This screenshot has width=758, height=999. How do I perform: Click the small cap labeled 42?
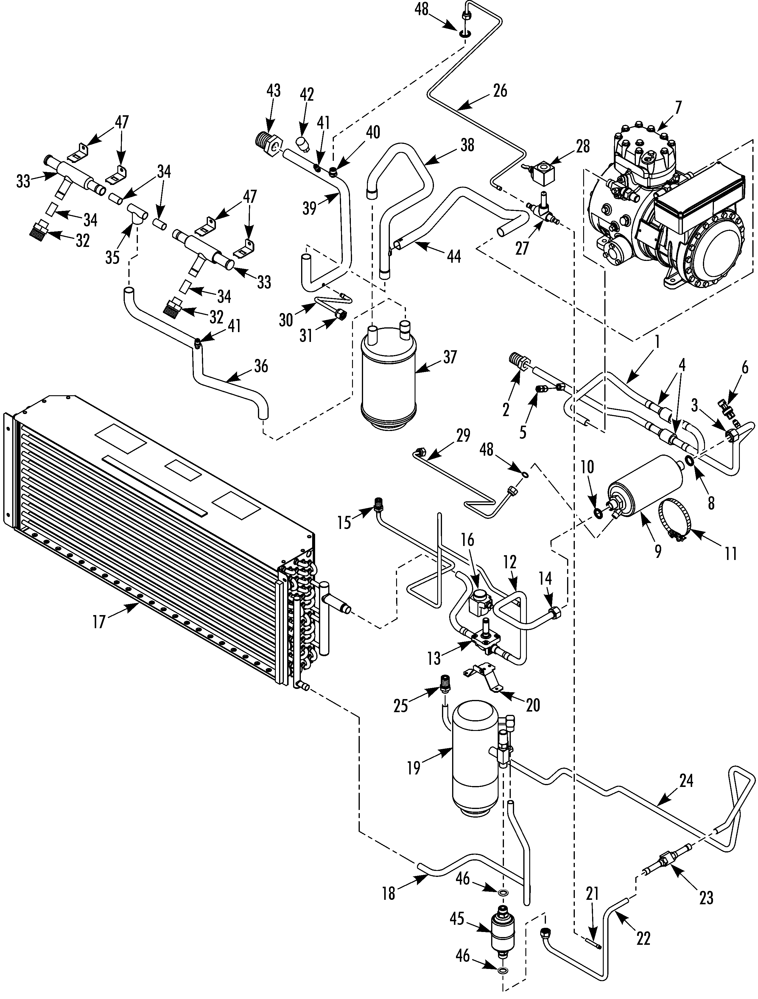click(302, 144)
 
